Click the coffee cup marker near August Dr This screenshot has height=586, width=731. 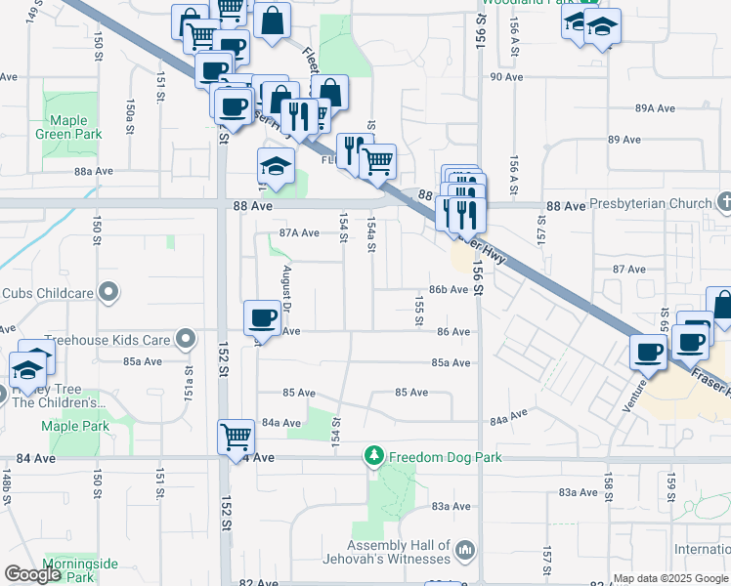pyautogui.click(x=262, y=316)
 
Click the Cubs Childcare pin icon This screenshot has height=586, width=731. pyautogui.click(x=109, y=292)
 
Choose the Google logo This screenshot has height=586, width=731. pyautogui.click(x=32, y=574)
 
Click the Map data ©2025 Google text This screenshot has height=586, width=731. pyautogui.click(x=669, y=578)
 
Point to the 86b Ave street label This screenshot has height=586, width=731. pyautogui.click(x=450, y=290)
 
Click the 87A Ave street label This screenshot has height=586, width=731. pyautogui.click(x=299, y=232)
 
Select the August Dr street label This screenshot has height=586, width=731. pyautogui.click(x=287, y=284)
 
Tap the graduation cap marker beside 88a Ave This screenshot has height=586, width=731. pyautogui.click(x=276, y=167)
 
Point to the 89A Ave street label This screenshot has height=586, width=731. pyautogui.click(x=655, y=108)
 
